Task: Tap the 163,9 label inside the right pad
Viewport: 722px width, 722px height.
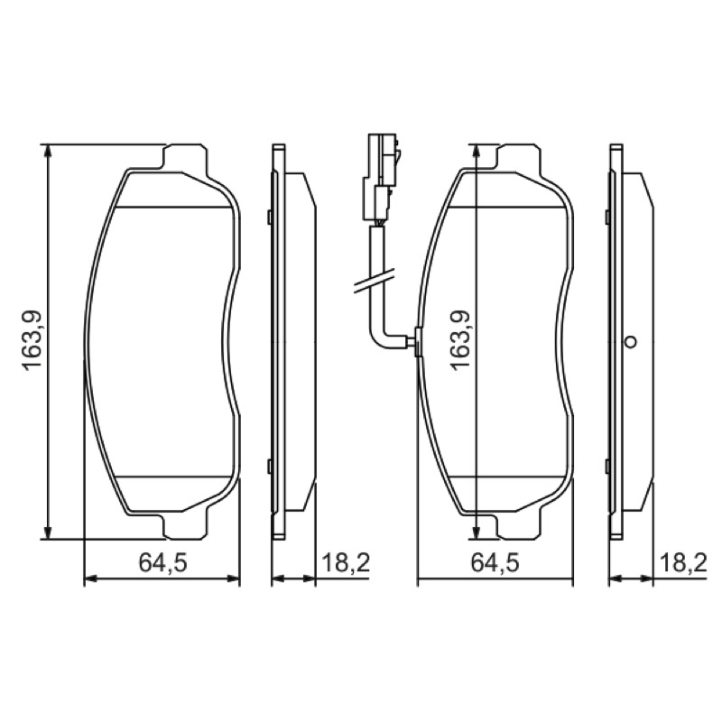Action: (460, 340)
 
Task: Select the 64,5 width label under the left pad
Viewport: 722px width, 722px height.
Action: (163, 562)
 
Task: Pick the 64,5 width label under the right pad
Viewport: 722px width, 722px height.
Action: (495, 562)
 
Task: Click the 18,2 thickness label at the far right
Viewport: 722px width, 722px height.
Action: (683, 562)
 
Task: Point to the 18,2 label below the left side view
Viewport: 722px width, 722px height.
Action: (346, 562)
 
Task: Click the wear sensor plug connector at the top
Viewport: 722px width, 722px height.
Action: (382, 176)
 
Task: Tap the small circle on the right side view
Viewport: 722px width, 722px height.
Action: (630, 342)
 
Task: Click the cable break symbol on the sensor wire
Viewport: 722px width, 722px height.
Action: (374, 282)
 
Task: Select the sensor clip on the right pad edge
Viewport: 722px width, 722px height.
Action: (417, 342)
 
